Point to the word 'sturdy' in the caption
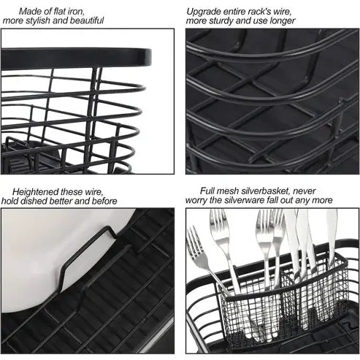click(226, 21)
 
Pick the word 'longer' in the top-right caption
click(281, 21)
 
